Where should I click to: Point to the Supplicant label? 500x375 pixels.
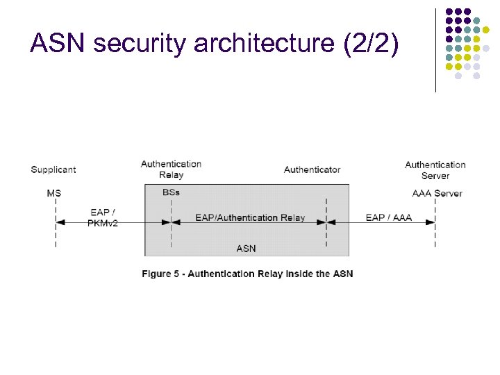point(53,169)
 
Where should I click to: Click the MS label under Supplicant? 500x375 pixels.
point(53,192)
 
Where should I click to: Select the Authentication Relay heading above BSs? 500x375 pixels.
point(171,169)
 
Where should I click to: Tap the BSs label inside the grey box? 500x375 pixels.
point(171,192)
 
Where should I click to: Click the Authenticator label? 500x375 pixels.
point(312,169)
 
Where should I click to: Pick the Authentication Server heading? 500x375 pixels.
point(435,170)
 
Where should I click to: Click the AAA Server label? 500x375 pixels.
point(437,193)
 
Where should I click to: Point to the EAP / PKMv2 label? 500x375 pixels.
point(103,217)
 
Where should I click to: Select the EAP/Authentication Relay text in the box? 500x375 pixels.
point(250,217)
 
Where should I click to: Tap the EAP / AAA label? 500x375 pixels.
point(389,217)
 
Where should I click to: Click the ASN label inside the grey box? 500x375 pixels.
point(246,248)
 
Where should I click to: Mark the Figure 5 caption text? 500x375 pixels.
point(247,274)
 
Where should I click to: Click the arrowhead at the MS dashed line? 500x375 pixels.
point(59,222)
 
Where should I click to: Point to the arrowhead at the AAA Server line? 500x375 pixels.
point(431,222)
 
